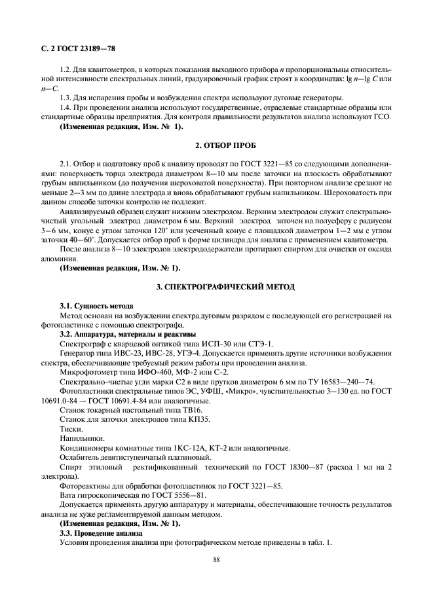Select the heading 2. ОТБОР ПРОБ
point(217,143)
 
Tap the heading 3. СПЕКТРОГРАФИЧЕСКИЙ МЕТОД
point(217,287)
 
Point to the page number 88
point(216,559)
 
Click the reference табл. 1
point(320,543)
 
